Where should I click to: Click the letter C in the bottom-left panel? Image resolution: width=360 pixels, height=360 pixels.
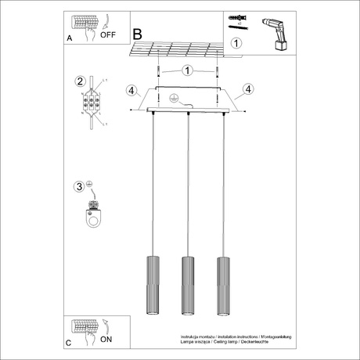[x=68, y=343]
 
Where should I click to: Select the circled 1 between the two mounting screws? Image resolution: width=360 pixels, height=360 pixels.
[x=186, y=70]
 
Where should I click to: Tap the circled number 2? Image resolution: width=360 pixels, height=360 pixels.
[x=79, y=81]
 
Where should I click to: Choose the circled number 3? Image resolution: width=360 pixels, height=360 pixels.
[x=78, y=186]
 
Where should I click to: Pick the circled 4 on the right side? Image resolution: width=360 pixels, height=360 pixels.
[x=248, y=88]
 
